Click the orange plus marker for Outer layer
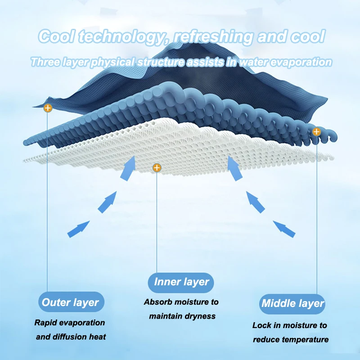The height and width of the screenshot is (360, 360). tap(48, 108)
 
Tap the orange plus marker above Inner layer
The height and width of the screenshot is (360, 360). tap(157, 168)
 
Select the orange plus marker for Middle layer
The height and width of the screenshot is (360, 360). tap(316, 132)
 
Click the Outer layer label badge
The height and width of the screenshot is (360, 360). tap(70, 302)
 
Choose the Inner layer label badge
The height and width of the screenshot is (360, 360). tap(181, 282)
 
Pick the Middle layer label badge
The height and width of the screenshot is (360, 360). tap(292, 303)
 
